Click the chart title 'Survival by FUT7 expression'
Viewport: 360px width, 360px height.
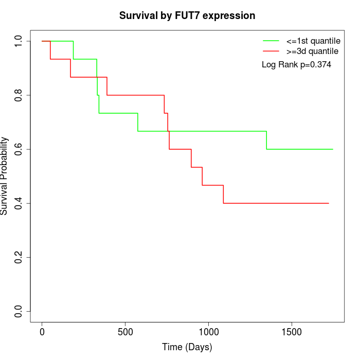(x=187, y=16)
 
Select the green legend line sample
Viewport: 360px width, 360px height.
(x=271, y=41)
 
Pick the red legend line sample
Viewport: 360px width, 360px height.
(x=271, y=51)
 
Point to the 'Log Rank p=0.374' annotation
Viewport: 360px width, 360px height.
(x=296, y=65)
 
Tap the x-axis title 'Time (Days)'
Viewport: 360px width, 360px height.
(x=187, y=347)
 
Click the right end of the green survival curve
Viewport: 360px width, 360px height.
(x=333, y=149)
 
